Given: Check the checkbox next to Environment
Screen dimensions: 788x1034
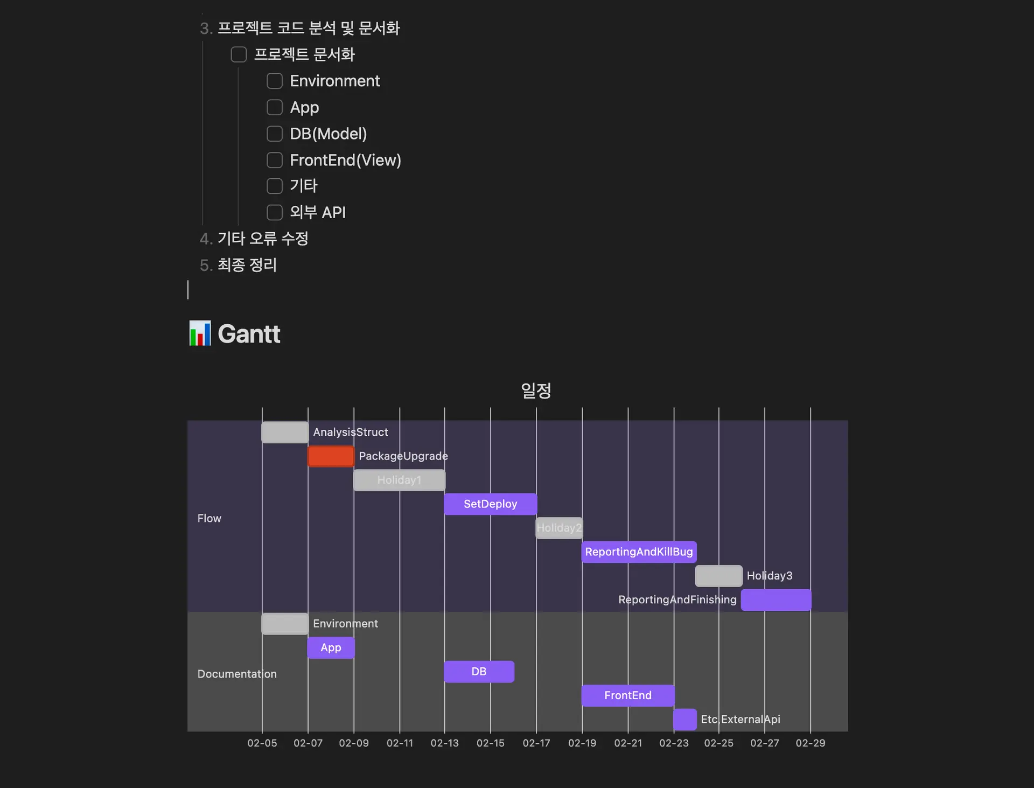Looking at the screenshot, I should tap(275, 81).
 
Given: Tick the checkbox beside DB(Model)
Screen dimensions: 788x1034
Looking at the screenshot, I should tap(275, 134).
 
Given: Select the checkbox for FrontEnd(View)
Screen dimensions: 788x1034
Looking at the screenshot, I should tap(275, 160).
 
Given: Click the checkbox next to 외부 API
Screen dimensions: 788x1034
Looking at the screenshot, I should tap(275, 212).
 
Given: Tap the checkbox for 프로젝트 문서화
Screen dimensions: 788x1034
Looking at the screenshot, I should tap(239, 54).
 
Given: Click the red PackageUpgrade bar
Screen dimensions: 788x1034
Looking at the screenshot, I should tap(331, 456).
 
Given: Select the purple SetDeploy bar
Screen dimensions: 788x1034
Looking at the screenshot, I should tap(490, 504).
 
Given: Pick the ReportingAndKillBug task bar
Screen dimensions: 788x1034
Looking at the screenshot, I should tap(639, 552).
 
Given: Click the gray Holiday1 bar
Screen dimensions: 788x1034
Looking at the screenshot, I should tap(399, 480).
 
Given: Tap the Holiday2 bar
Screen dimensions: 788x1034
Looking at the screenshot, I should tap(559, 528).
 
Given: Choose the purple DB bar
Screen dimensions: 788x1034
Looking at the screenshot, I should tap(479, 672).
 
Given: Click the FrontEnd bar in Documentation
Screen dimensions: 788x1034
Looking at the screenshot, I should tap(628, 695).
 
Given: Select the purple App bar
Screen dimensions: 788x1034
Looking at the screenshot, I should tap(331, 647).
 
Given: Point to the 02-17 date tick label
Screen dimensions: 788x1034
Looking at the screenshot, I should tap(536, 743).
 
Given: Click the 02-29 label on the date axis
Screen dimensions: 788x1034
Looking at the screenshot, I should tap(811, 743).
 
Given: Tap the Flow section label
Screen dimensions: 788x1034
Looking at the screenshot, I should tap(209, 518).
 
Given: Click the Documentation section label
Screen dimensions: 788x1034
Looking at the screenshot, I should tap(237, 674).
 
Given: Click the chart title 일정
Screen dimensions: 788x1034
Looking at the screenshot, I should tap(536, 390).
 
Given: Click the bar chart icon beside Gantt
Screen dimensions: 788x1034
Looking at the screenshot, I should tap(200, 333).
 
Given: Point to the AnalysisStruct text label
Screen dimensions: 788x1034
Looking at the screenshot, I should tap(351, 433).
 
